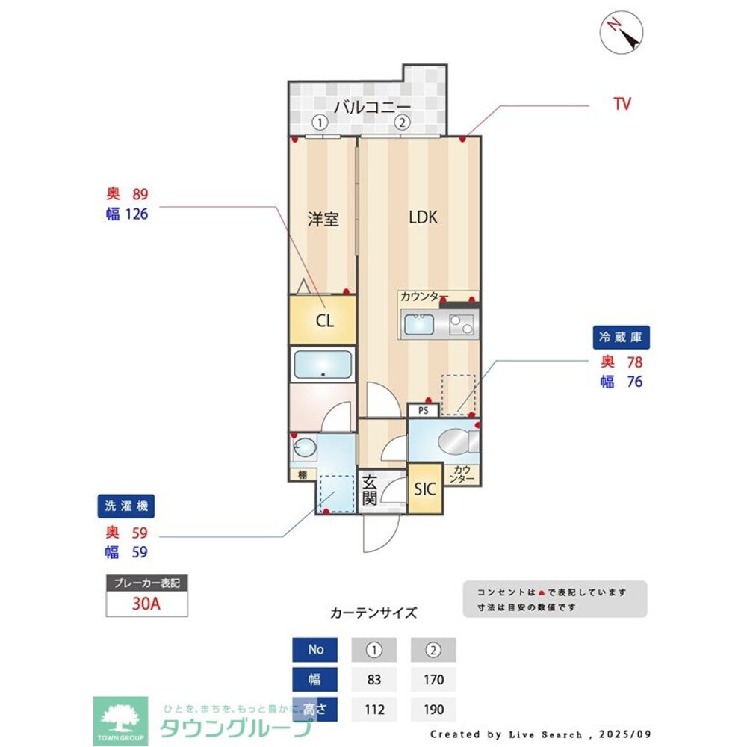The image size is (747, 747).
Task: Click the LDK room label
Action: pyautogui.click(x=423, y=218)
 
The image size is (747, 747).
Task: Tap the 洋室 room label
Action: pyautogui.click(x=323, y=220)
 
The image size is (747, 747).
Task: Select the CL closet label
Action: pyautogui.click(x=324, y=321)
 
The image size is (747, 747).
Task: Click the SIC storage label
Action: pyautogui.click(x=425, y=489)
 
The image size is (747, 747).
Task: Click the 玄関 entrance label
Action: pyautogui.click(x=370, y=491)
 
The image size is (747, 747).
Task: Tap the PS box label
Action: pyautogui.click(x=423, y=410)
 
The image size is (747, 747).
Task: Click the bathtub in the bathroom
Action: pyautogui.click(x=323, y=365)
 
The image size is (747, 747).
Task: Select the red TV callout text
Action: pyautogui.click(x=622, y=105)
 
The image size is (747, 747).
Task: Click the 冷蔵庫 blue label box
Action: pyautogui.click(x=622, y=338)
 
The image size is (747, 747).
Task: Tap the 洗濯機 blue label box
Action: pyautogui.click(x=126, y=506)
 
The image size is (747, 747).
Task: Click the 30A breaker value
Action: pyautogui.click(x=146, y=604)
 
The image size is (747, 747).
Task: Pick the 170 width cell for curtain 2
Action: pyautogui.click(x=433, y=680)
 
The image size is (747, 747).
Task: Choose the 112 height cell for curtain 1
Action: pyautogui.click(x=374, y=710)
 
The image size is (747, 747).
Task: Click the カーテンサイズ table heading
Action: pyautogui.click(x=373, y=613)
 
